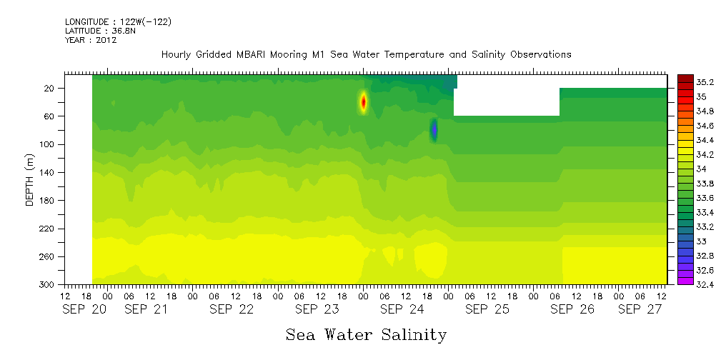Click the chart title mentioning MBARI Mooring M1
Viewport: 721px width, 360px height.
pyautogui.click(x=366, y=54)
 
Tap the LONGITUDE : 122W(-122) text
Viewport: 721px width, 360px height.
pyautogui.click(x=118, y=22)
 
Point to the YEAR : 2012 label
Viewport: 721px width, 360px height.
pyautogui.click(x=90, y=40)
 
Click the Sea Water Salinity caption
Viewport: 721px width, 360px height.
pyautogui.click(x=366, y=334)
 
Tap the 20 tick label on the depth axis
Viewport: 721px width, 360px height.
pyautogui.click(x=49, y=89)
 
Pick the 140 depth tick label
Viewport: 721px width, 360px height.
pyautogui.click(x=46, y=173)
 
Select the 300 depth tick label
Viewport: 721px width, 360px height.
pyautogui.click(x=46, y=285)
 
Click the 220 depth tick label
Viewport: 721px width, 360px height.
pyautogui.click(x=46, y=229)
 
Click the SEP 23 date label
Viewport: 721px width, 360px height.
pyautogui.click(x=317, y=309)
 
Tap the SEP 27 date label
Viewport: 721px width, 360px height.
pyautogui.click(x=640, y=309)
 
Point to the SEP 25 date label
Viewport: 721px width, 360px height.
pyautogui.click(x=487, y=309)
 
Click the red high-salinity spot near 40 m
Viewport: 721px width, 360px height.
pyautogui.click(x=363, y=102)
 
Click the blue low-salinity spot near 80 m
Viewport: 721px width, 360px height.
pyautogui.click(x=434, y=130)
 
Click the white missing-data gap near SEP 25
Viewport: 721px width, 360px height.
pyautogui.click(x=506, y=100)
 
